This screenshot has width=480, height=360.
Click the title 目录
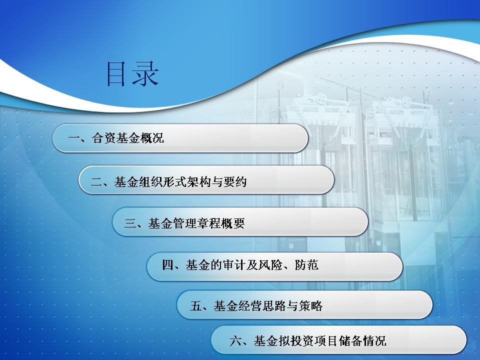point(132,74)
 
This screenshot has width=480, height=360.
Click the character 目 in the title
point(116,74)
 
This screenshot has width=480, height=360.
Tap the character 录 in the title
point(145,74)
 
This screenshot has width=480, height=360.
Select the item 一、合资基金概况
point(116,138)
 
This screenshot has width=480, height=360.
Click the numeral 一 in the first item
point(74,138)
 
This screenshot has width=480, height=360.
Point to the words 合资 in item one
point(103,138)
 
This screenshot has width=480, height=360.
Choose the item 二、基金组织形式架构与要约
point(168,182)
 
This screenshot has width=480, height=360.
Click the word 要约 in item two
point(235,182)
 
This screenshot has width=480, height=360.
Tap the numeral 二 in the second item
point(96,182)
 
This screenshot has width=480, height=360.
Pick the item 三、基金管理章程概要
point(184,223)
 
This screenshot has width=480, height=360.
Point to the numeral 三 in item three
point(130,223)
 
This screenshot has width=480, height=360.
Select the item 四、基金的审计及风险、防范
point(240,265)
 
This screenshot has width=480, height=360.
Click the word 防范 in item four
point(306,265)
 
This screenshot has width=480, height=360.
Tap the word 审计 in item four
point(234,265)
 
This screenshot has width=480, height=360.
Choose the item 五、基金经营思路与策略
point(256,305)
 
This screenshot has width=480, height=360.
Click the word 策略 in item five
point(311,305)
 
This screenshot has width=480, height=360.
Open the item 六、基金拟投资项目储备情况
point(308,340)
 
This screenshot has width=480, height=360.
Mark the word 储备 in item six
point(350,340)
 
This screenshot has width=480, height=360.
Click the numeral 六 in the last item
point(235,340)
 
